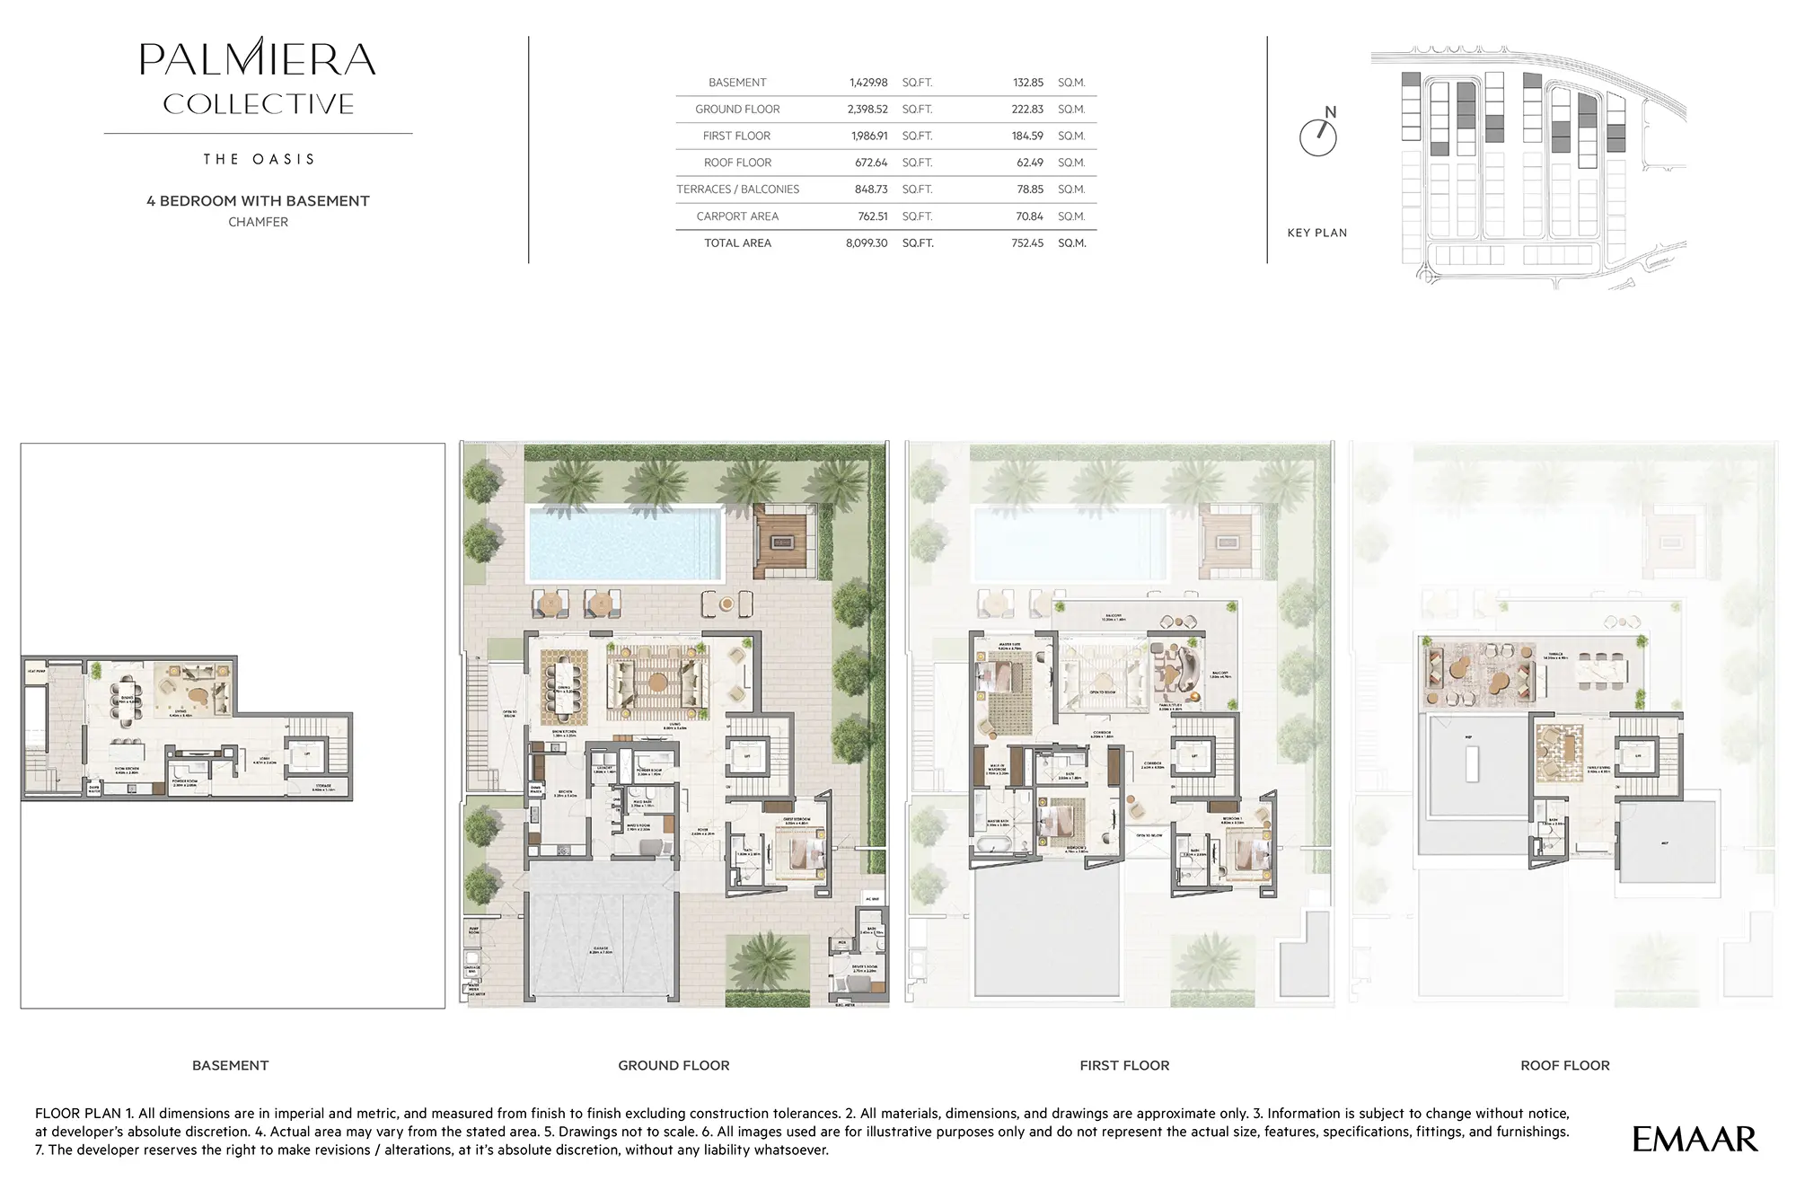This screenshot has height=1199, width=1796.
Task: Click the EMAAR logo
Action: coord(1694,1140)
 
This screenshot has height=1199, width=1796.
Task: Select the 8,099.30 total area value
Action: coord(866,243)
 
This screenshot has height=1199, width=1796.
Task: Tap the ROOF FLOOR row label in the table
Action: coord(737,163)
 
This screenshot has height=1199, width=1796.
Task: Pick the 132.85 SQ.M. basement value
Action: coord(1027,83)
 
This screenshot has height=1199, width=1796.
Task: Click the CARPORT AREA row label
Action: coord(737,216)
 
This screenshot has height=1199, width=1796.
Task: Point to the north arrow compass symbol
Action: coord(1318,136)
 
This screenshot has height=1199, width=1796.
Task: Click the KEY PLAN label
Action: coord(1316,233)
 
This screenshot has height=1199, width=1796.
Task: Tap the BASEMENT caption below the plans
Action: coord(230,1065)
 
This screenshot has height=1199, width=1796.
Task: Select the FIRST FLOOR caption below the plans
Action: coord(1124,1065)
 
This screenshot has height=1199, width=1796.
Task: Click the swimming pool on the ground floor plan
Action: coord(625,543)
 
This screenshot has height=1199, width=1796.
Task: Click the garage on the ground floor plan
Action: coord(601,934)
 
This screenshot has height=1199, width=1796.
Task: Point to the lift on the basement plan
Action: coord(307,756)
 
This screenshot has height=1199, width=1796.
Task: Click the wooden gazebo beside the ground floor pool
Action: coord(783,542)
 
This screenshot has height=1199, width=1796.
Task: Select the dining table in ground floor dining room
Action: coord(563,687)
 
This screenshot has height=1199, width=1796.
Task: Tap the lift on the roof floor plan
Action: coord(1637,756)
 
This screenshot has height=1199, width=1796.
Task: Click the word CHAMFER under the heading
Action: coord(258,222)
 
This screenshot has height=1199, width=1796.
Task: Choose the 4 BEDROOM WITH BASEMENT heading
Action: coord(258,201)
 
